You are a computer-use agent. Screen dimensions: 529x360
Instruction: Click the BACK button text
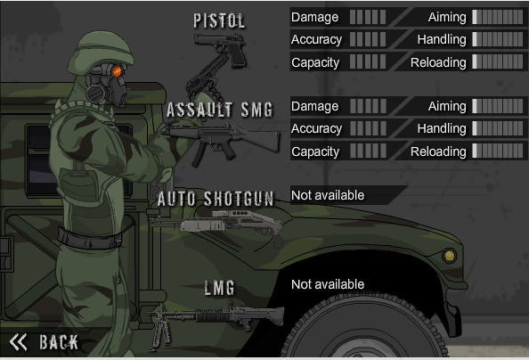59,342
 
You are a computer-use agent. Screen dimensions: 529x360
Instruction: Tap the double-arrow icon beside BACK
18,342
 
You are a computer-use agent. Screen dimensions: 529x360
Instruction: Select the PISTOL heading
219,20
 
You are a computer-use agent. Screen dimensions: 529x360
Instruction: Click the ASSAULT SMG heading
220,110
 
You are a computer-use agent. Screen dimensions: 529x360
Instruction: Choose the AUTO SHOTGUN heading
216,199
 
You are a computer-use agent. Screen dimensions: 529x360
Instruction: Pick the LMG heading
219,288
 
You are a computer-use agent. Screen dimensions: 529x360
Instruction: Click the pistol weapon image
221,50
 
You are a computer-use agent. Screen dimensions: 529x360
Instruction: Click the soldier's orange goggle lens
117,71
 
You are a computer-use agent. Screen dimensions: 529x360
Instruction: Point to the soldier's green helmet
101,52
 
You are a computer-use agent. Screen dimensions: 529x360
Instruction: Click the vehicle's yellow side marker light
450,256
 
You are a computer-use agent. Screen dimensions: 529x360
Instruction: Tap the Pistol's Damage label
314,17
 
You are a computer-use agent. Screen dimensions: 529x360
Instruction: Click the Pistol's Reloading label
438,62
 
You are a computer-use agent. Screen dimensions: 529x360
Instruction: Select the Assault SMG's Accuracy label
316,128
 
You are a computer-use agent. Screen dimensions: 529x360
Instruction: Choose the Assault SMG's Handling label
442,128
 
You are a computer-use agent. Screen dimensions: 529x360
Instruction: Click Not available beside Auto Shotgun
328,195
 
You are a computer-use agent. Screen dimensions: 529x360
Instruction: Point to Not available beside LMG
328,284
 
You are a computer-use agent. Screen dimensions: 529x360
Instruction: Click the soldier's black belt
90,239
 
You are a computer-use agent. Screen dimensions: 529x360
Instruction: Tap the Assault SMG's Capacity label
315,152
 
